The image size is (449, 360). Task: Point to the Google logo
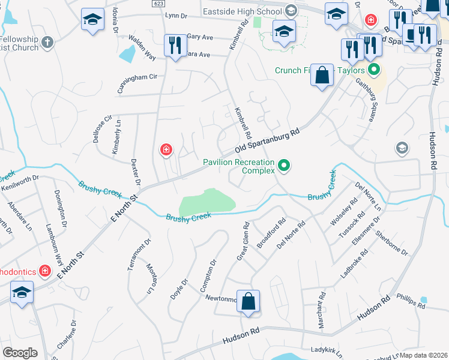19,353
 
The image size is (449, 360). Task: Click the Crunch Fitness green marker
375,70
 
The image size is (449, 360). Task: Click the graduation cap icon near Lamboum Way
22,293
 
